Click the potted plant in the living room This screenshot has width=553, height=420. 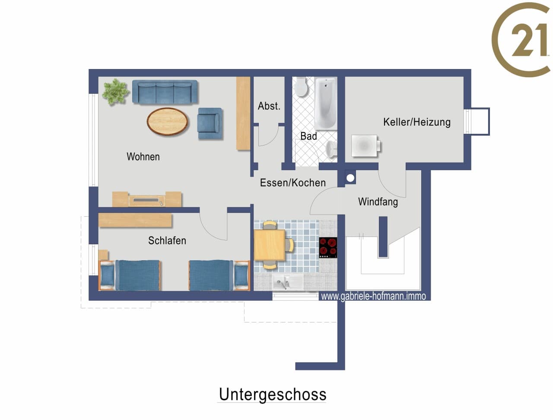point(115,92)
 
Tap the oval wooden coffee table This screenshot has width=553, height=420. point(167,122)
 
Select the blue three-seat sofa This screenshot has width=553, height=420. point(165,92)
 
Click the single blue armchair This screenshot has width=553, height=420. point(210,123)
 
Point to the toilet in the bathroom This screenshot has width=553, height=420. point(301,87)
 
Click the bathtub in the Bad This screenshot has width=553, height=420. point(326,104)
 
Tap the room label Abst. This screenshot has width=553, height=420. point(269,106)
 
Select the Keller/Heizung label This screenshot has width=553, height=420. point(417,122)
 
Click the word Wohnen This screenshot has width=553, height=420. point(143,157)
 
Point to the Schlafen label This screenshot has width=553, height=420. point(167,240)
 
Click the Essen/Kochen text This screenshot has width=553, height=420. point(293,183)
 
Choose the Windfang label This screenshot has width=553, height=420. point(378,202)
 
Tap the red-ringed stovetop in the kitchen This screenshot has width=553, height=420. point(328,247)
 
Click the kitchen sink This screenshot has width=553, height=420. point(288,282)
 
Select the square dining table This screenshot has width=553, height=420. point(270,245)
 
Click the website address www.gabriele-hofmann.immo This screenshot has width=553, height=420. point(373,296)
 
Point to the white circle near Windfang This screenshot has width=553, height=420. point(350,178)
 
